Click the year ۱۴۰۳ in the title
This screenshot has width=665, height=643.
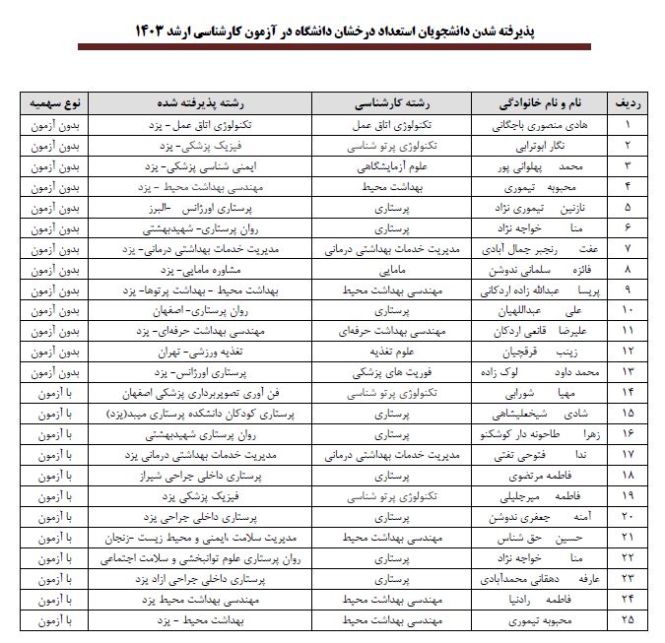pyautogui.click(x=154, y=32)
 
